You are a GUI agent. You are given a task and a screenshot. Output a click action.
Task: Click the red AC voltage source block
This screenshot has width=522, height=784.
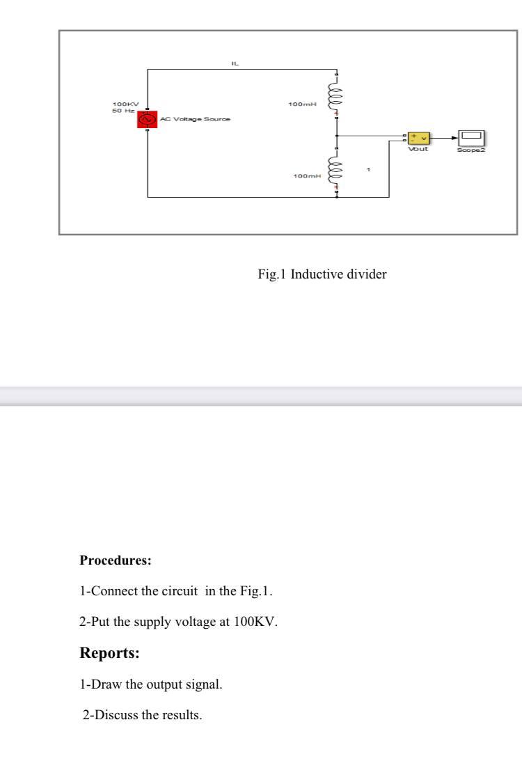click(147, 119)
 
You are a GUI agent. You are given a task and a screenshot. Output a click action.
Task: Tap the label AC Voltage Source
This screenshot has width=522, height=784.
click(195, 119)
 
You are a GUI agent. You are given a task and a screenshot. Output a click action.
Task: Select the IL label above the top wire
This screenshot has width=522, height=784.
click(235, 63)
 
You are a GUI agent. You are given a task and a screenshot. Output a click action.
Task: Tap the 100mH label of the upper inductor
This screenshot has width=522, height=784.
click(302, 104)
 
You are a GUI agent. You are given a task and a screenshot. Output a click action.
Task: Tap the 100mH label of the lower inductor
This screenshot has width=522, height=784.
click(307, 176)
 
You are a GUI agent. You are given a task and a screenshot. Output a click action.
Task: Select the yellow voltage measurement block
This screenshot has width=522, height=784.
click(419, 137)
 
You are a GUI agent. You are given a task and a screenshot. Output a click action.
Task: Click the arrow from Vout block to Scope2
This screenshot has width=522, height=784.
click(445, 137)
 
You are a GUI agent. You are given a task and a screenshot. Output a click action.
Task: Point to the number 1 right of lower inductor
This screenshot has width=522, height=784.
click(369, 170)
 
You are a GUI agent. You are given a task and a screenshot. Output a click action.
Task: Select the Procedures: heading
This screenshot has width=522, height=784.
click(116, 560)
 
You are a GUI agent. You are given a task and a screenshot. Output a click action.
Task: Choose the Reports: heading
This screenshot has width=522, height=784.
click(109, 653)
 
